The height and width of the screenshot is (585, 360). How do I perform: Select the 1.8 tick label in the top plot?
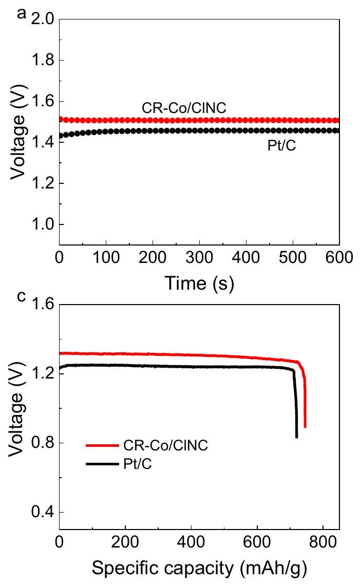tap(43, 61)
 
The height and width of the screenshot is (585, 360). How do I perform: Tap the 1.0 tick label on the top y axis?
tap(43, 224)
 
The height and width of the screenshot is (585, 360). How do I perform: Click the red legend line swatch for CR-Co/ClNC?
tap(101, 446)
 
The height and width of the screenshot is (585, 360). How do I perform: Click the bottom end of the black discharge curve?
tap(297, 437)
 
